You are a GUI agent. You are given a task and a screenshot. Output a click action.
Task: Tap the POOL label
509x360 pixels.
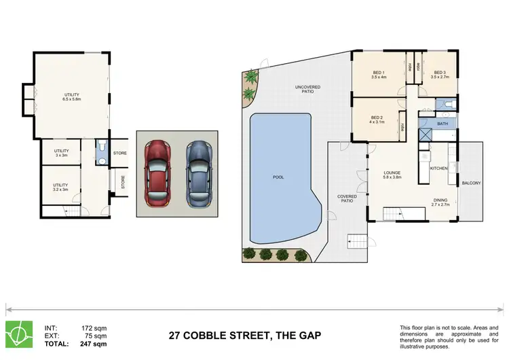click(278, 177)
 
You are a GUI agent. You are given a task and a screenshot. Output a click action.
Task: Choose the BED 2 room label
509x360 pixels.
click(378, 120)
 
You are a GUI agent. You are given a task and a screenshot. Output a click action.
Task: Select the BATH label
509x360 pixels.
click(442, 124)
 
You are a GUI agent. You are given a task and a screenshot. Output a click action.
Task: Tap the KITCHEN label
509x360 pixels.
click(438, 167)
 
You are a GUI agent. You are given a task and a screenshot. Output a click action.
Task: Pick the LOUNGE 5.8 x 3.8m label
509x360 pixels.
click(394, 175)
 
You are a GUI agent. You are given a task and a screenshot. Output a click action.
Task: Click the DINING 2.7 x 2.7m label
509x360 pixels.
click(442, 202)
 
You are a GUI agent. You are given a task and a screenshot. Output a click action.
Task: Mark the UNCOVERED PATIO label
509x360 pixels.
click(307, 89)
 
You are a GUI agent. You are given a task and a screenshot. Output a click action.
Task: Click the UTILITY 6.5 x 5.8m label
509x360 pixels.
click(73, 97)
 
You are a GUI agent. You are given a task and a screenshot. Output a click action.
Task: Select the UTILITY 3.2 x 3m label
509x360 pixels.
click(61, 187)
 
